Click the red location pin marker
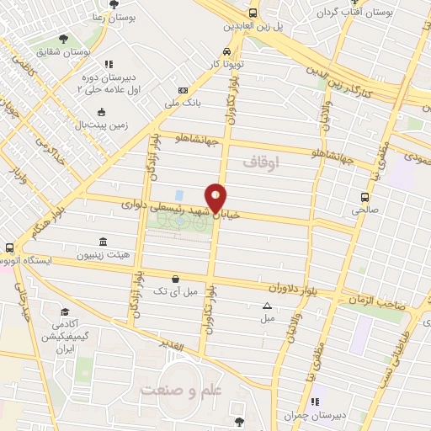(216, 198)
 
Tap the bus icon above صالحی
(364, 198)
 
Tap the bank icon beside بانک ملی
(182, 91)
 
